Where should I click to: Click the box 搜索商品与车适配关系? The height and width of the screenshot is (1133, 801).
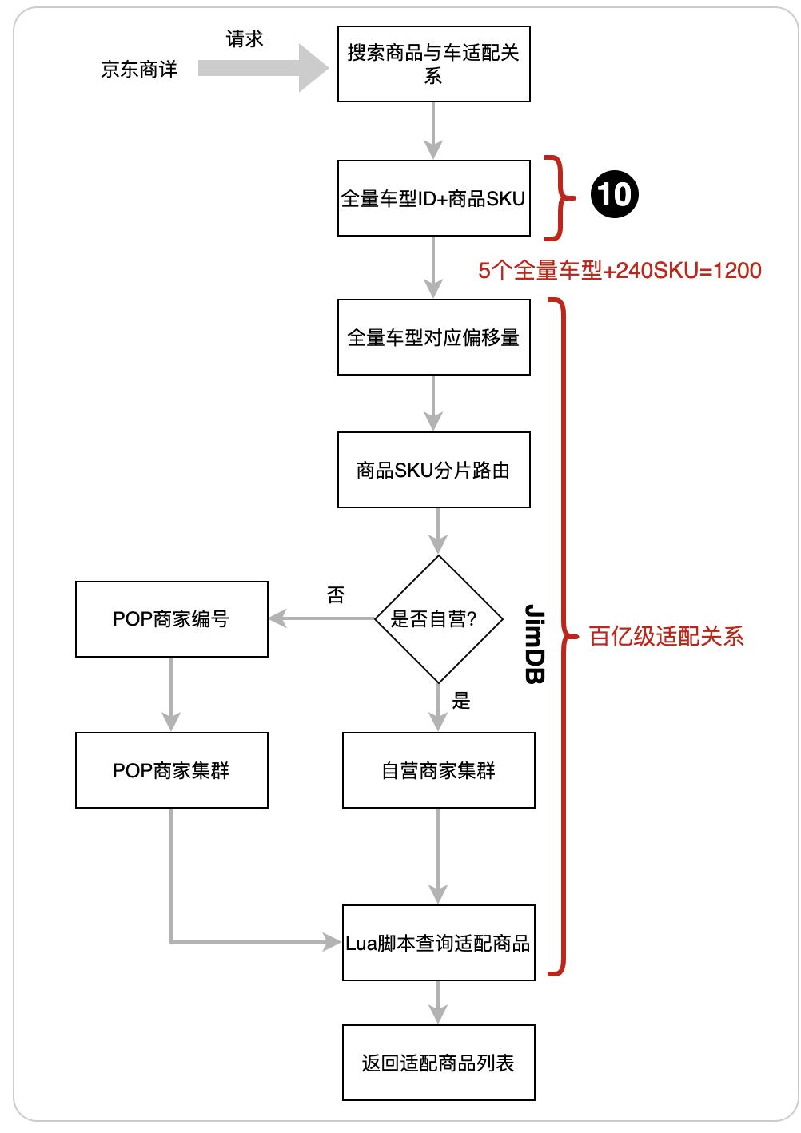pyautogui.click(x=433, y=63)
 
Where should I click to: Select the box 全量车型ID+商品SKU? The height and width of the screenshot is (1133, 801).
pyautogui.click(x=433, y=198)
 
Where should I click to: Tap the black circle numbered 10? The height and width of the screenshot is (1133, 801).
pyautogui.click(x=615, y=194)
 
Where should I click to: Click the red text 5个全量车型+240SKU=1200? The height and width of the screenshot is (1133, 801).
pyautogui.click(x=620, y=271)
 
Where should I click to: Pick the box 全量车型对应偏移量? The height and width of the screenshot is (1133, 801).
pyautogui.click(x=433, y=337)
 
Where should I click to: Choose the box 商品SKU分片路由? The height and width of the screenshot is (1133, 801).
pyautogui.click(x=433, y=470)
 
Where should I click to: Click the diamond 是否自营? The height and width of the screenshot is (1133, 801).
pyautogui.click(x=438, y=618)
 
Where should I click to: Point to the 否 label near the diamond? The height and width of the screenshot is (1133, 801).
pyautogui.click(x=336, y=595)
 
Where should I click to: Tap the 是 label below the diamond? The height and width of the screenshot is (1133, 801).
pyautogui.click(x=461, y=702)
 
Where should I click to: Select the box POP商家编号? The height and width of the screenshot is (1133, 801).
pyautogui.click(x=171, y=619)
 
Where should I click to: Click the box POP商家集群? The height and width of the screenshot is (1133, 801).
pyautogui.click(x=171, y=770)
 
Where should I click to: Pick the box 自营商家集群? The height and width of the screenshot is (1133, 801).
pyautogui.click(x=438, y=770)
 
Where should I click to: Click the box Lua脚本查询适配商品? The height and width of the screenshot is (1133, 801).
pyautogui.click(x=438, y=943)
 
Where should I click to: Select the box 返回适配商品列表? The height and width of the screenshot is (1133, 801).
pyautogui.click(x=438, y=1063)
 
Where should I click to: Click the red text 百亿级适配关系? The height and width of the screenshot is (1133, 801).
pyautogui.click(x=667, y=637)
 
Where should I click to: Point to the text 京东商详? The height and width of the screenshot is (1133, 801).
pyautogui.click(x=139, y=70)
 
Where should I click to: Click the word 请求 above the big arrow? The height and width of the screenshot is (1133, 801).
pyautogui.click(x=244, y=39)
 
